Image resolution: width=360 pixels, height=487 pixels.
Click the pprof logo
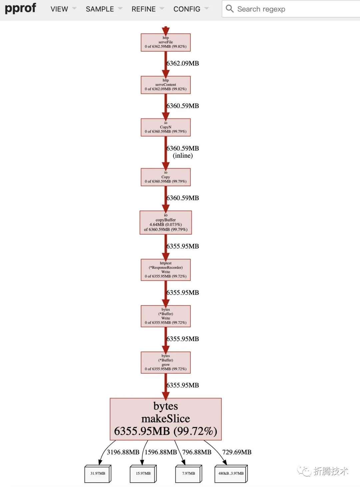[20, 9]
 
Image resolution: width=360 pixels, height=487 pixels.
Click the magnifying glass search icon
[230, 9]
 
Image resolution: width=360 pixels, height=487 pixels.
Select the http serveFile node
[166, 42]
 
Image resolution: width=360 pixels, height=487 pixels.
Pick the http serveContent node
[166, 85]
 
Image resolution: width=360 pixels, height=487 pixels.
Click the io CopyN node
[166, 127]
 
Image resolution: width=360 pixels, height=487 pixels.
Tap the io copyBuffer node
[166, 223]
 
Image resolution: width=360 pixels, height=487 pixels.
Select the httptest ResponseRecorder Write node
[166, 270]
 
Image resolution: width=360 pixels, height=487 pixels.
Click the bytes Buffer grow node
[166, 362]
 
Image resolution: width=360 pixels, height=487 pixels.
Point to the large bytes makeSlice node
[166, 419]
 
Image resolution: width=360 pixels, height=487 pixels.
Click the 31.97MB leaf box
[98, 474]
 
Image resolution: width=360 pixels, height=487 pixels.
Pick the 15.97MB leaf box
[143, 474]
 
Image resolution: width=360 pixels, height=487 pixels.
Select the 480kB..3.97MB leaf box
[231, 474]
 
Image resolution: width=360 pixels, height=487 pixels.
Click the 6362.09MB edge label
[183, 63]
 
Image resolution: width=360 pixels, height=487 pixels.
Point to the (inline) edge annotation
[183, 156]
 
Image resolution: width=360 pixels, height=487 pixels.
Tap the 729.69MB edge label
[237, 452]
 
